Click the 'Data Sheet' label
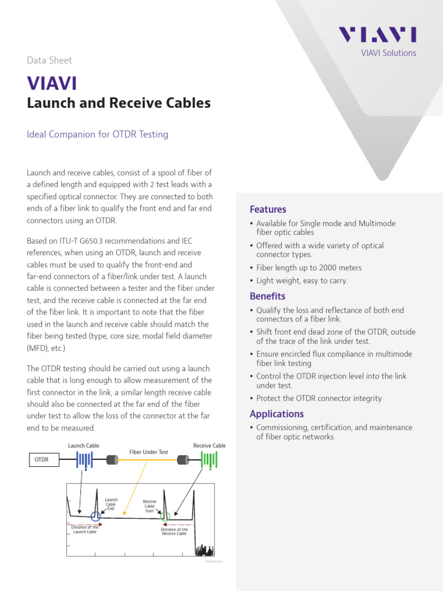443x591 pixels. [50, 60]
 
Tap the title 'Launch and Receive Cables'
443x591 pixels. [119, 103]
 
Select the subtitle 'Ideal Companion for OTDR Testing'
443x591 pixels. [97, 134]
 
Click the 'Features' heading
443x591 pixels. [268, 210]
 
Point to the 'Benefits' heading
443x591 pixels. [267, 296]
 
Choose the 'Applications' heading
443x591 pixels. [276, 414]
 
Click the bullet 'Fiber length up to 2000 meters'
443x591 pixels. [309, 268]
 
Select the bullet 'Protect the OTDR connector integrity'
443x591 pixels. [319, 398]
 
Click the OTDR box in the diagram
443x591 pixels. [42, 460]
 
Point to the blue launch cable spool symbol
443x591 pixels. [84, 460]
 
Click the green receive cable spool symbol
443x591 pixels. [209, 460]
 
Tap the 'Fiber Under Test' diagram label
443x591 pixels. [148, 452]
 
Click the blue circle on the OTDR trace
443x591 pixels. [96, 517]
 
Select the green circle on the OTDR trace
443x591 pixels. [165, 516]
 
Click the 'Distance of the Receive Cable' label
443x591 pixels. [174, 532]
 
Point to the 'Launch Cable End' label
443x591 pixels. [111, 504]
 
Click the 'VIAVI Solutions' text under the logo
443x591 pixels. [388, 53]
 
